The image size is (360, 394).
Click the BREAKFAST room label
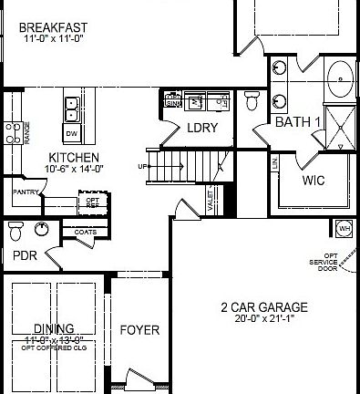pyautogui.click(x=54, y=28)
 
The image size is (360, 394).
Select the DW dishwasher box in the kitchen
pyautogui.click(x=71, y=134)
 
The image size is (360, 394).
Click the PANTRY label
pyautogui.click(x=24, y=192)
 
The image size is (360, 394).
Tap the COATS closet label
pyautogui.click(x=87, y=232)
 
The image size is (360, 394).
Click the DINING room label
pyautogui.click(x=54, y=328)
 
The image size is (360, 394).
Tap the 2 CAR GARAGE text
pyautogui.click(x=264, y=307)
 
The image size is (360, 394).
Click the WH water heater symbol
pyautogui.click(x=344, y=228)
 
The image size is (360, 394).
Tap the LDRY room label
pyautogui.click(x=202, y=128)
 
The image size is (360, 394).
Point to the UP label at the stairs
pyautogui.click(x=143, y=166)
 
